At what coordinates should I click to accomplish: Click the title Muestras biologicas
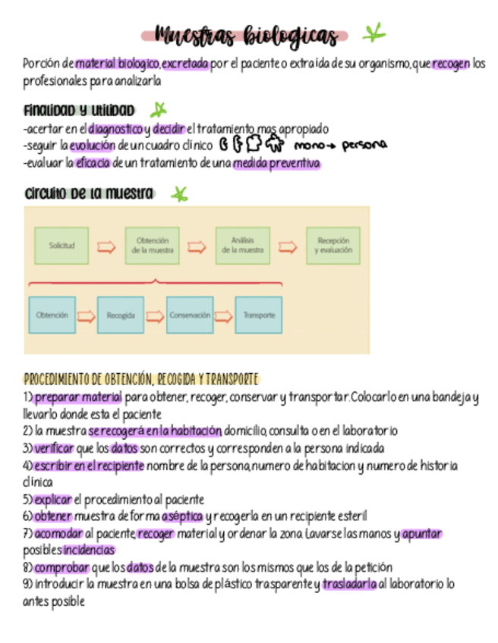245,36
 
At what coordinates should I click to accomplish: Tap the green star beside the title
373,33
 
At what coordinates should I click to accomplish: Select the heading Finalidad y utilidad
79,111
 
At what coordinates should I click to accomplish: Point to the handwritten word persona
364,144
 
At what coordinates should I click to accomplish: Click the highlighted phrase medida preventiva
276,163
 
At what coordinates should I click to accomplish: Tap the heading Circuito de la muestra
89,193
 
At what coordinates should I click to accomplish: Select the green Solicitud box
62,246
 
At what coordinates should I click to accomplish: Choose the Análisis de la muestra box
242,246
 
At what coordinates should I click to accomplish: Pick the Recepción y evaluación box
333,246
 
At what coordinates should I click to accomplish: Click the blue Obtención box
52,315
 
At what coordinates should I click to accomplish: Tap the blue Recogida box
121,315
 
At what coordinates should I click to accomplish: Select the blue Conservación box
190,315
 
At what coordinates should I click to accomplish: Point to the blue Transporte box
259,315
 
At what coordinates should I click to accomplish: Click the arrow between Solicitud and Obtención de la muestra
107,246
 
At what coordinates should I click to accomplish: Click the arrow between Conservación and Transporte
224,315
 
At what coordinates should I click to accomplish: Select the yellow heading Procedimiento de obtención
141,378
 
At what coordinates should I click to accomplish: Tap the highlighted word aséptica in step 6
182,516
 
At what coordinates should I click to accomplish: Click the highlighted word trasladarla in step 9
349,584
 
